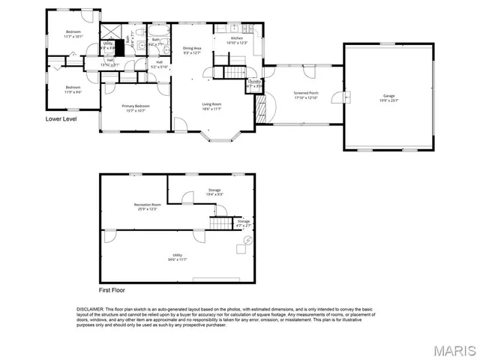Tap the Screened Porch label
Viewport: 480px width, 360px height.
coord(304,95)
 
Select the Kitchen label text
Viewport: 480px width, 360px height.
coord(236,39)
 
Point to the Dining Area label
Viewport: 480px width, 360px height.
coord(193,49)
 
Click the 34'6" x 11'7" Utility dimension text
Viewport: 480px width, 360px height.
coord(177,259)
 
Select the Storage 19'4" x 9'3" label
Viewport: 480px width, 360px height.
coord(214,192)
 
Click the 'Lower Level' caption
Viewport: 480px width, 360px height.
coord(62,118)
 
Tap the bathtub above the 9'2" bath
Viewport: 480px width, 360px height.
coord(160,30)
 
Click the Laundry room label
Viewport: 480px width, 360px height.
coord(254,83)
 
